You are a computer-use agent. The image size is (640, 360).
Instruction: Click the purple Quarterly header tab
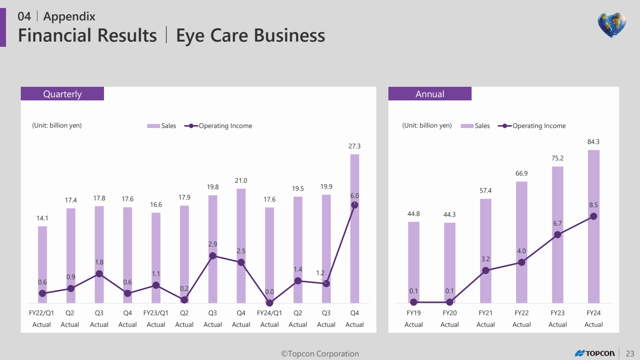62,94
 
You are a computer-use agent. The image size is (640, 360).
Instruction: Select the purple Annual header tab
430,94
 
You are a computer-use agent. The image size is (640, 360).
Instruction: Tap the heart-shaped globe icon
612,25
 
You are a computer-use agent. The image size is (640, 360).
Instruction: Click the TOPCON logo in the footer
595,353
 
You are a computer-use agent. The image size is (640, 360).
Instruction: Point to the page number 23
630,354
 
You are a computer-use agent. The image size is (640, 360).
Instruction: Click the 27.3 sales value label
354,146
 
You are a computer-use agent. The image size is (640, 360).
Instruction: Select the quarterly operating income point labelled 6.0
354,205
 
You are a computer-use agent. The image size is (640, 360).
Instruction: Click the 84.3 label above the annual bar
593,142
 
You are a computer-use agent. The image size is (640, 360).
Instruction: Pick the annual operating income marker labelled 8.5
594,216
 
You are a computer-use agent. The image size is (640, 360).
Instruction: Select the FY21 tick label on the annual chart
486,313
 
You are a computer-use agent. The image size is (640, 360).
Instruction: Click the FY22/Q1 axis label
42,313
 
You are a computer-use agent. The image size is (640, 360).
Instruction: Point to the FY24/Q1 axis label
269,313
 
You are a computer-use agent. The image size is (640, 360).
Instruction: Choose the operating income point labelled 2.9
213,256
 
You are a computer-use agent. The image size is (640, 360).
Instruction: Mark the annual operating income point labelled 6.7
558,235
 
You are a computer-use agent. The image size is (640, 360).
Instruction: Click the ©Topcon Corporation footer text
320,354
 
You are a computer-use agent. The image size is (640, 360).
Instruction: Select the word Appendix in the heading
69,16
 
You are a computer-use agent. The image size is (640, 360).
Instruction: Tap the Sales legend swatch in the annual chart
467,126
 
